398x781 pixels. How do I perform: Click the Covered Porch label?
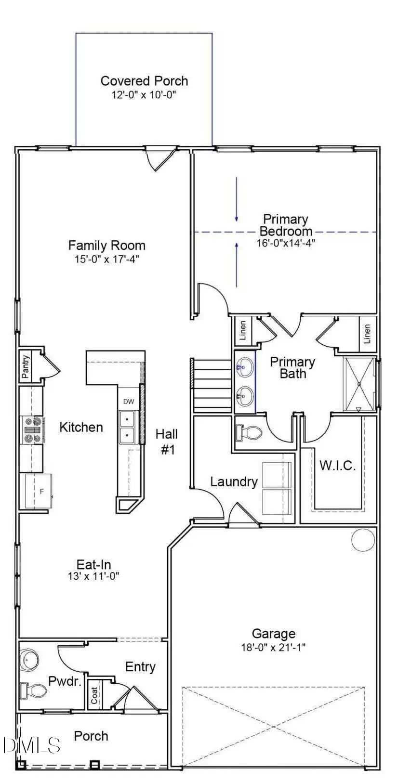144,81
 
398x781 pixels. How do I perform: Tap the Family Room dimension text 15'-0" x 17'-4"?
107,259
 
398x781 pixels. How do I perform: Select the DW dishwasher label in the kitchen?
129,402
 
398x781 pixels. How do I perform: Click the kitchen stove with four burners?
32,430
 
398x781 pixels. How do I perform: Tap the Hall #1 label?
167,442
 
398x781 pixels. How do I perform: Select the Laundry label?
234,482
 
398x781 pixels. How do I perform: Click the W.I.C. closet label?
338,466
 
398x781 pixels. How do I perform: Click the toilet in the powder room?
33,691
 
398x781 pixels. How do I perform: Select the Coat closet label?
95,695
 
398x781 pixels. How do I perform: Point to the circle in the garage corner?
363,539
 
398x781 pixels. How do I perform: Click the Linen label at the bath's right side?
367,333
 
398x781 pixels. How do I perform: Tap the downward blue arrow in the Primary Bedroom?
237,200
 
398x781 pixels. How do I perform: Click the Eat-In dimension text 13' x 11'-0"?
93,576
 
